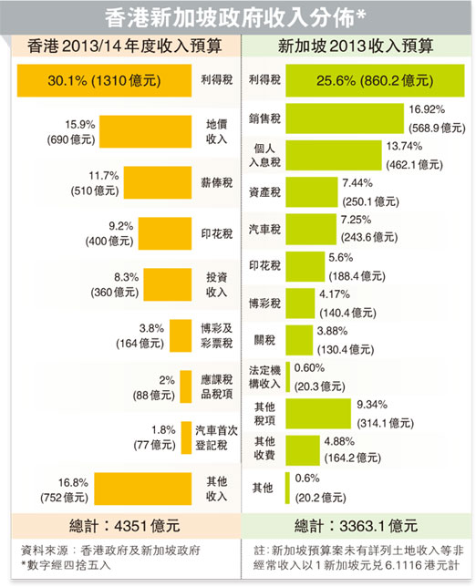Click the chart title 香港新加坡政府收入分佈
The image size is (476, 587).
point(237,15)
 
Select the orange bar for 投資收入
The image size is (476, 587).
point(159,283)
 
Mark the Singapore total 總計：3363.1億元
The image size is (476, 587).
point(357,525)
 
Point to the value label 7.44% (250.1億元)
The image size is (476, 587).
point(370,192)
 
